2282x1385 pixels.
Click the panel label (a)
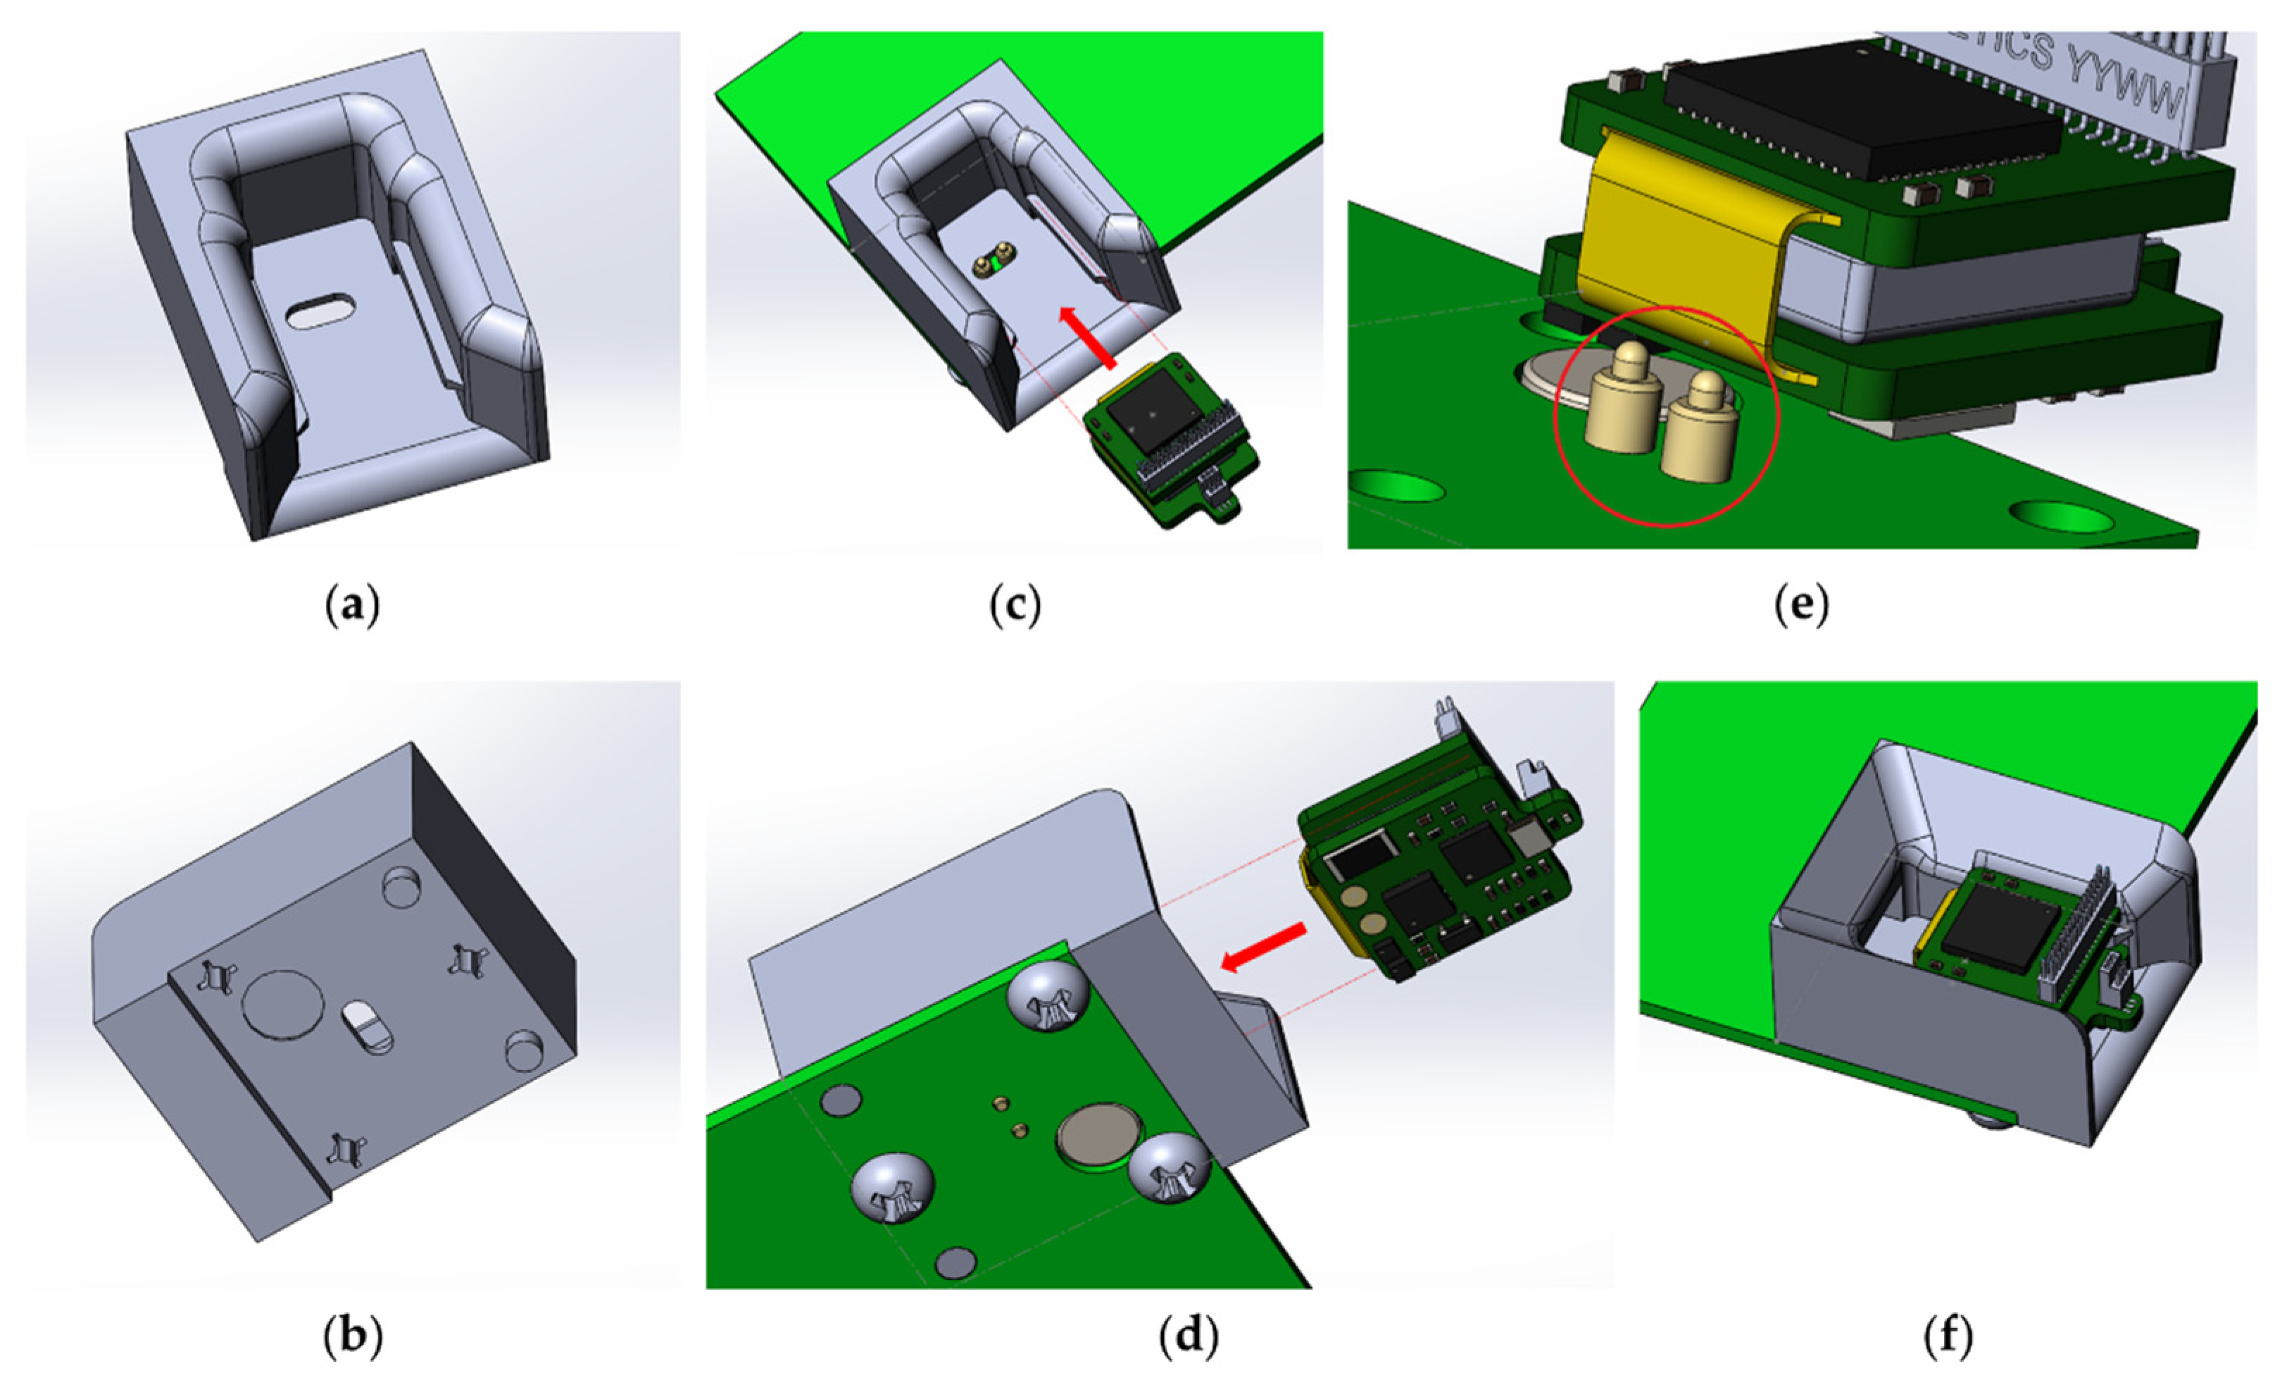pos(353,607)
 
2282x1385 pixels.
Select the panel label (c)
pos(1015,607)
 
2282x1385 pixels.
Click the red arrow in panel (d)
pos(1264,947)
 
